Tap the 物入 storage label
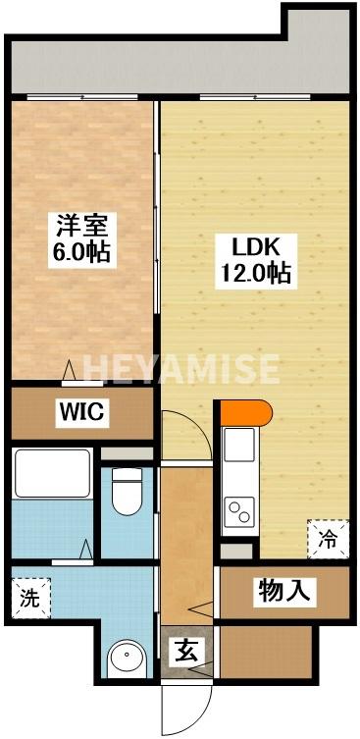click(284, 591)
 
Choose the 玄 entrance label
click(183, 650)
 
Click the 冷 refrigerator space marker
click(328, 538)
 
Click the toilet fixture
click(125, 490)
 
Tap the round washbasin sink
click(125, 660)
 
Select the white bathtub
click(52, 472)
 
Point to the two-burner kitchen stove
click(238, 509)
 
